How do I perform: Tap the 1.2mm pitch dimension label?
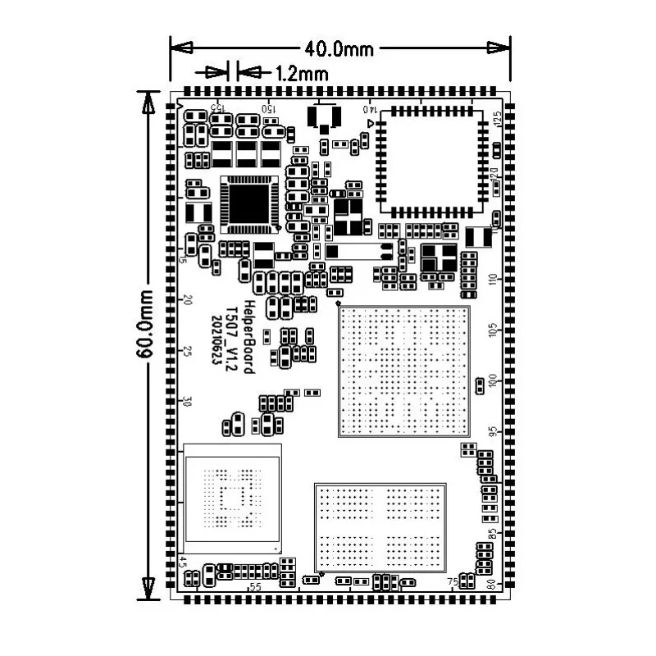pos(302,73)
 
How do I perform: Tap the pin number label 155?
pos(217,108)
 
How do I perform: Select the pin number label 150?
pos(267,108)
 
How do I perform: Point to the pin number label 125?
pos(497,119)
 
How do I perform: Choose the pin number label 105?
pos(492,330)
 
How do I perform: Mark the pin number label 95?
pos(492,432)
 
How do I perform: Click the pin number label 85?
pos(492,534)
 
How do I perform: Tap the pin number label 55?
pos(256,586)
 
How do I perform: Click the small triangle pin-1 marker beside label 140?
pos(372,123)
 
